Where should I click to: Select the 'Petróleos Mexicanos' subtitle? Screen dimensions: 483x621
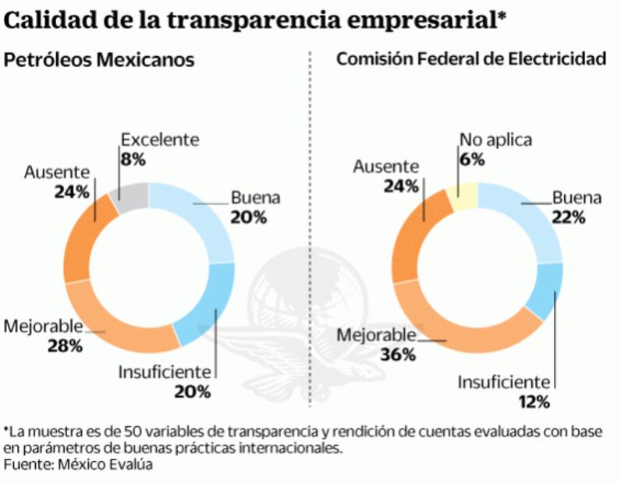coord(100,60)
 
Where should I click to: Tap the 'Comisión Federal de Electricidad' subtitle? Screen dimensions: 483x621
coord(471,60)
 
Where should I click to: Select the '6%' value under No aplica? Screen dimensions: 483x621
coord(472,159)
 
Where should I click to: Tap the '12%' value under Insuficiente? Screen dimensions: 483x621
coord(535,402)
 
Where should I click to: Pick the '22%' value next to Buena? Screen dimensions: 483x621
coord(567,217)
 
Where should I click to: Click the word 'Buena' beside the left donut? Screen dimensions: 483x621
coord(255,198)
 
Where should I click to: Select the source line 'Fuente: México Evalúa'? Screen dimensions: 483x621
coord(77,464)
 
